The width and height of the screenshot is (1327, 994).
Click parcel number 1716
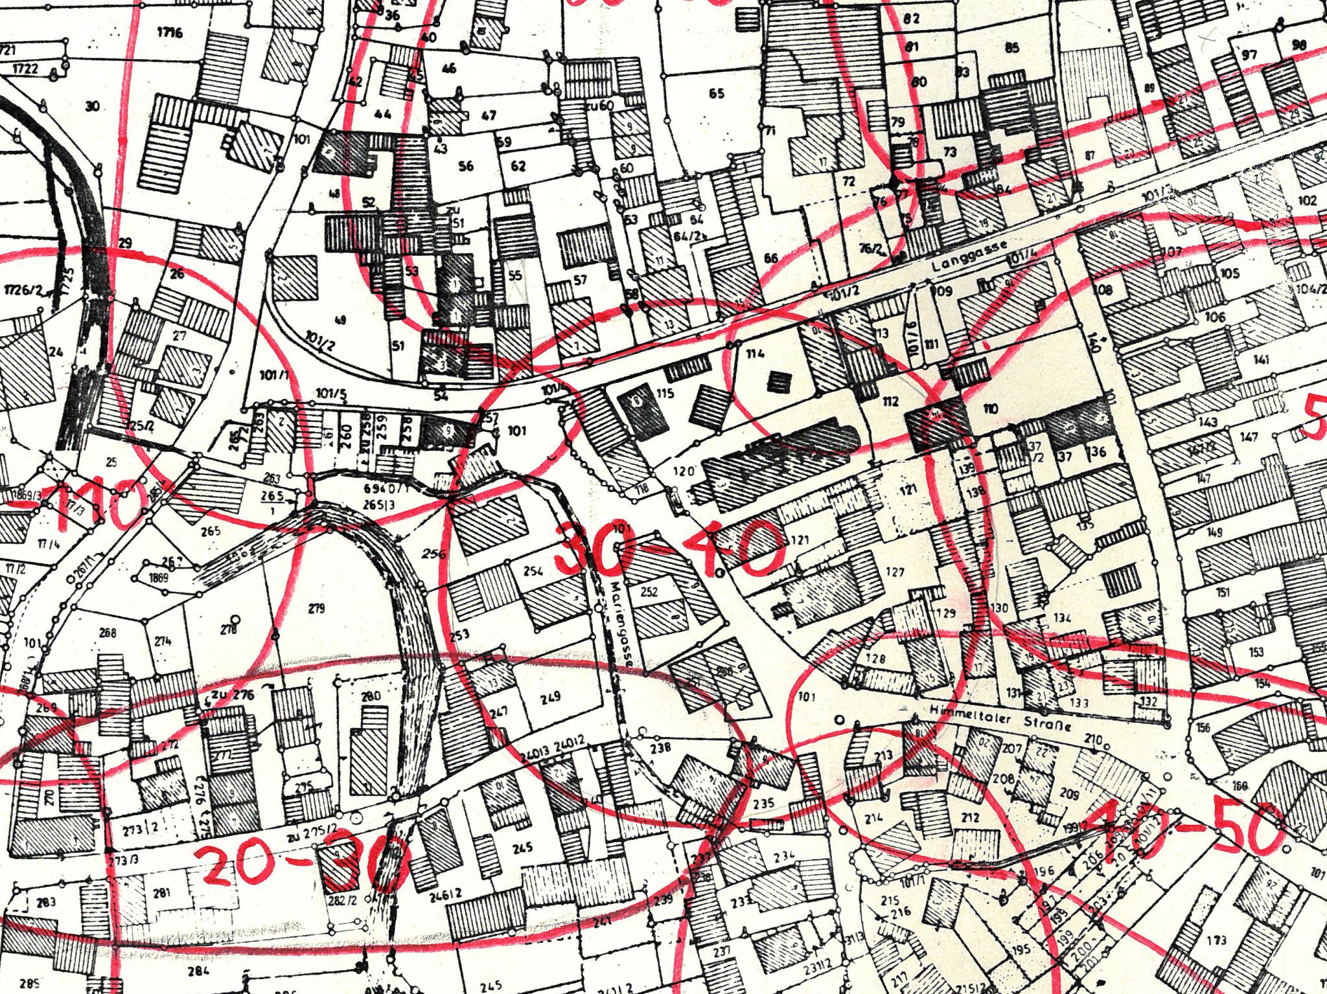170,32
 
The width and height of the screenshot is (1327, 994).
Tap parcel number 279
316,608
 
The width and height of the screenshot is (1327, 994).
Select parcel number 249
549,697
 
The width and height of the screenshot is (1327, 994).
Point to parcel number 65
716,93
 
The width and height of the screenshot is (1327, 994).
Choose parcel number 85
1011,47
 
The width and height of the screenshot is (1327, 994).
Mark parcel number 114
756,353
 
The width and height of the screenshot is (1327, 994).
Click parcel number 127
894,572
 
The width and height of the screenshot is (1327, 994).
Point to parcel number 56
465,166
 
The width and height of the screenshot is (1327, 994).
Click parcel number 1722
25,68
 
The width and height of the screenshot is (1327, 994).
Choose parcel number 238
660,748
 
